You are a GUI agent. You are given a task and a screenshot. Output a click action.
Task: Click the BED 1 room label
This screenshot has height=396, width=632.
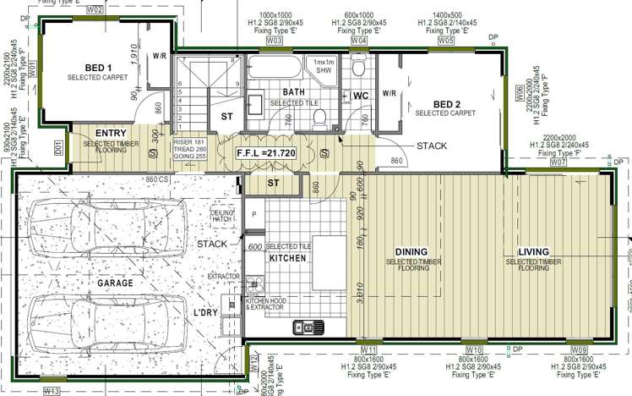tap(98, 68)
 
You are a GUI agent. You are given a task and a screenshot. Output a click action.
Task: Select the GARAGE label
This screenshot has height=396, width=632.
tap(114, 283)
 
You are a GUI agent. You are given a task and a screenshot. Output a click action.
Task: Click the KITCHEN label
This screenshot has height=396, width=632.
tap(287, 258)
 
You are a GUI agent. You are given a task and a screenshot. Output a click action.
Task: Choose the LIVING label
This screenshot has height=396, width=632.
tap(534, 252)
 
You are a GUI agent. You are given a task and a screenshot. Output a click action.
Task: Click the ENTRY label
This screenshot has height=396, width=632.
tap(111, 134)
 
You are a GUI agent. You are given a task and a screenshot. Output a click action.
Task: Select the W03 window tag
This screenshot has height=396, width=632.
tap(274, 40)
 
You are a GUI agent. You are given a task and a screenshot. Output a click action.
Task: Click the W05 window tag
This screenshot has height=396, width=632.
tap(446, 40)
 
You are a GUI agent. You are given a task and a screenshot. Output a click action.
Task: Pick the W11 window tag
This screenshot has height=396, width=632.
tap(368, 349)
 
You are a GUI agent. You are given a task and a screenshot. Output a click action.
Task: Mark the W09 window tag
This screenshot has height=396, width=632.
tap(579, 349)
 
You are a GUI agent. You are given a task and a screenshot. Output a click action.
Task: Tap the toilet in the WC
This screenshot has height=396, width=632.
tap(358, 68)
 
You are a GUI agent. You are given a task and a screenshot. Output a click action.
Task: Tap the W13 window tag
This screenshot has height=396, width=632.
tap(52, 391)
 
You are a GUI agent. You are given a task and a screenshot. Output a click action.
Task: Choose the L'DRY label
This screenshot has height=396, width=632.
tap(207, 314)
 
